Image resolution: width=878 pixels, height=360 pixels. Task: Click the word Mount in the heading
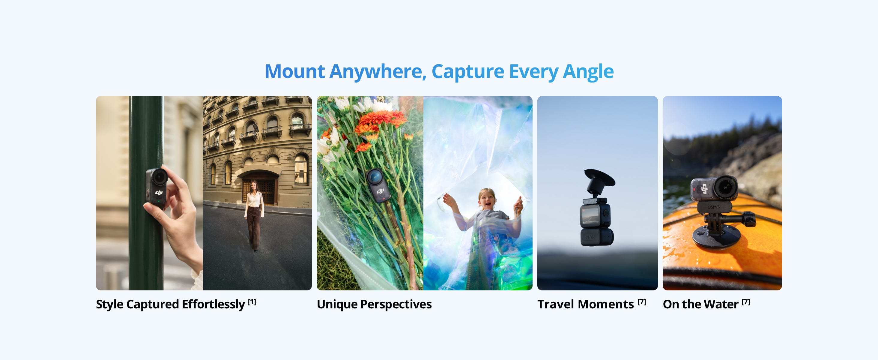coord(295,72)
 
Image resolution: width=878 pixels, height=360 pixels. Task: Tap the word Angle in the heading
coord(588,72)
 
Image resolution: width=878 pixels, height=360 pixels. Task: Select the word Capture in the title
coord(467,72)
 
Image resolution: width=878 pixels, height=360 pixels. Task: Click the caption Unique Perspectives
coord(374,304)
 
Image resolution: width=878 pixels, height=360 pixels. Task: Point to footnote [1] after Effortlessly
coord(252,302)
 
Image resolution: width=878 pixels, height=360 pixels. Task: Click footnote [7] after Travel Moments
coord(642,302)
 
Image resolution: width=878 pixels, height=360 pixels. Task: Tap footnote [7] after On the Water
coord(746,302)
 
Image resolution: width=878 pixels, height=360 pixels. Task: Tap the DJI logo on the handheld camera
coord(159,193)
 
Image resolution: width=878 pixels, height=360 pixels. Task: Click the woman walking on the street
coord(254,217)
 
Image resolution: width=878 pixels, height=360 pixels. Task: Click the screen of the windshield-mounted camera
coord(590,215)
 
